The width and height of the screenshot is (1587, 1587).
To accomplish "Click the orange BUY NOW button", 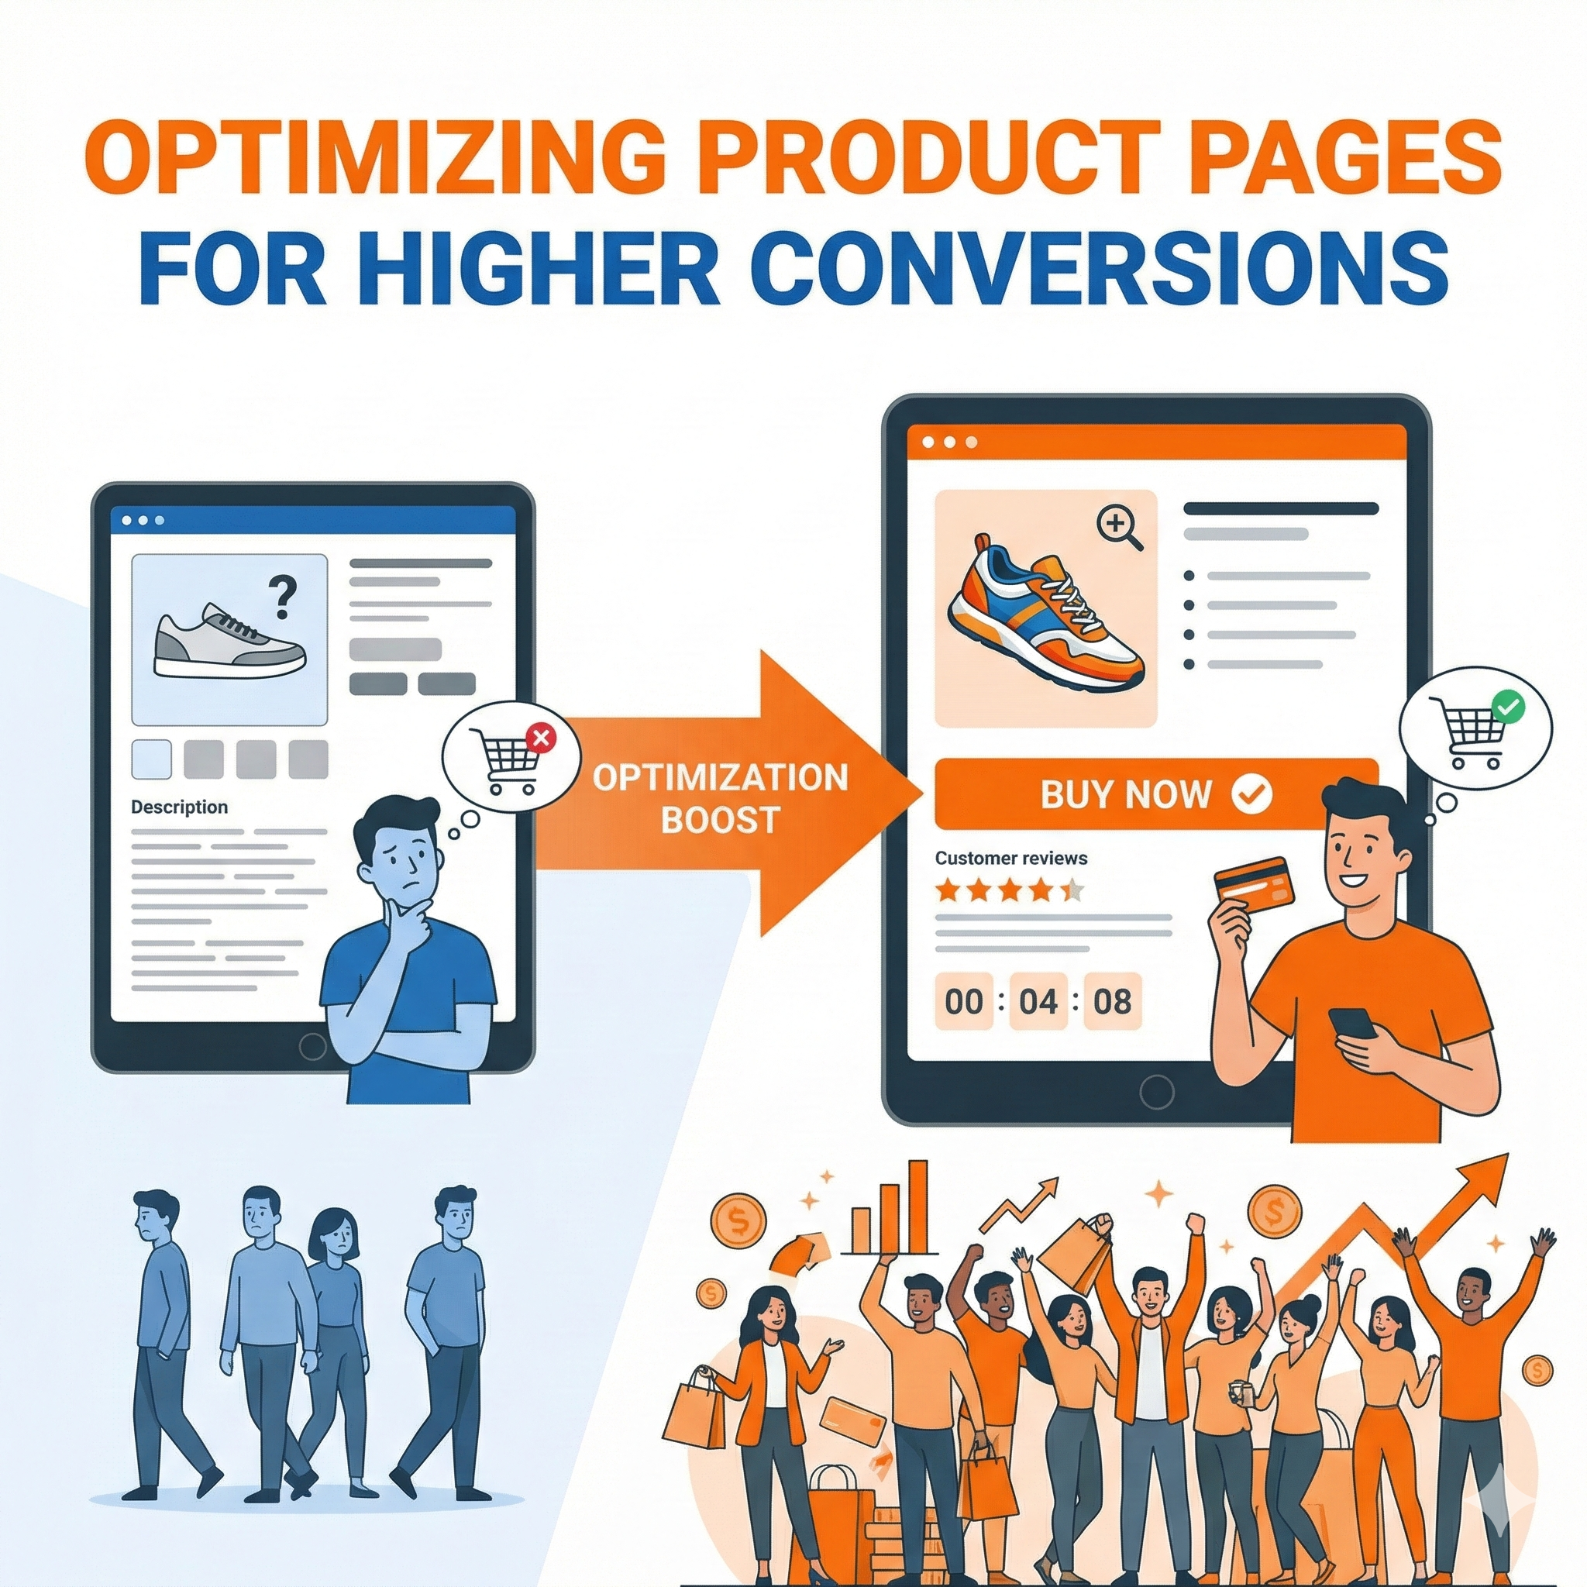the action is pos(1157,793).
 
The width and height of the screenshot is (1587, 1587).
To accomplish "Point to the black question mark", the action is pos(282,598).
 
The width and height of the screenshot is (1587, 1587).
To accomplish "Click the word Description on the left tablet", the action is pos(179,807).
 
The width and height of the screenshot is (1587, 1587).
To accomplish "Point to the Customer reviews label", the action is pos(1010,859).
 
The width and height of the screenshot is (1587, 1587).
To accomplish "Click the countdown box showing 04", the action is pos(1038,1001).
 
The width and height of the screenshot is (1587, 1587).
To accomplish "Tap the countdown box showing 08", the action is pos(1112,1001).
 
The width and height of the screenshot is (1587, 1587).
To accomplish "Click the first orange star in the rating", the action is pos(947,890).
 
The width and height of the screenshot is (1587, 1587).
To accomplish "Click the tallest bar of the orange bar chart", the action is pos(917,1207).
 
